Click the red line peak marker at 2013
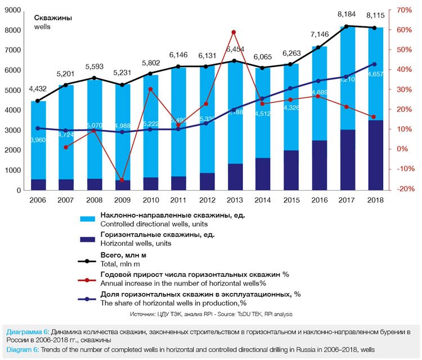[x=233, y=32]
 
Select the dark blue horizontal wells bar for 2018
[x=375, y=155]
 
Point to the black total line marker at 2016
[x=319, y=47]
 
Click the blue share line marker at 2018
[x=375, y=64]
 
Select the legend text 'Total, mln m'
[x=122, y=263]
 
